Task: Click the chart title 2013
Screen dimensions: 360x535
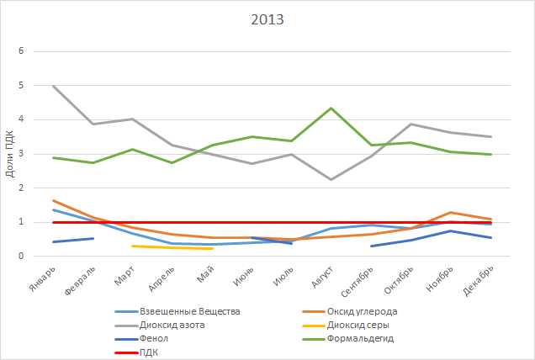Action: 267,19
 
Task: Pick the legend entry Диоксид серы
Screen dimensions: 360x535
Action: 359,325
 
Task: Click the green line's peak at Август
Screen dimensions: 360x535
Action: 331,109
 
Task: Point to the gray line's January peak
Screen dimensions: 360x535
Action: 55,86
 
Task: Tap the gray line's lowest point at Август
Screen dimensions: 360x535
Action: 331,179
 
